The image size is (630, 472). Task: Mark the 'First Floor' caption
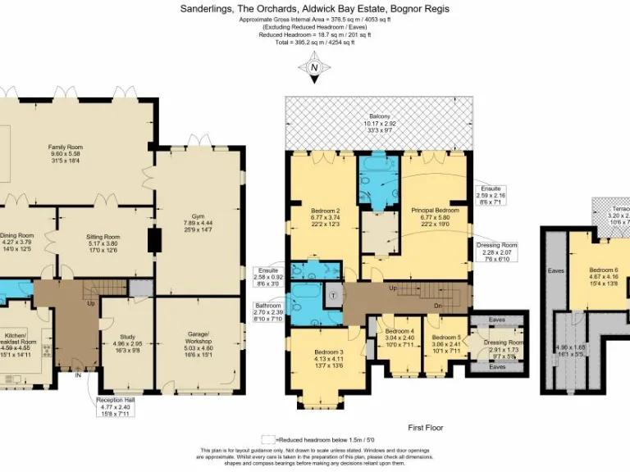(426, 428)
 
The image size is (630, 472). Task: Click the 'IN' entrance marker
(77, 376)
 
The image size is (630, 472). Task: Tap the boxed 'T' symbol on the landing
(334, 296)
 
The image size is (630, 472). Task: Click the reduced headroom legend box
(268, 440)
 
